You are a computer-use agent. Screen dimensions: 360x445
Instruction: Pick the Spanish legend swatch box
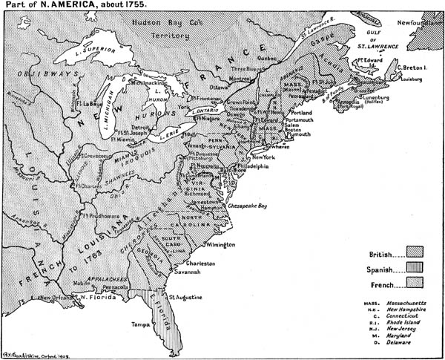click(x=413, y=268)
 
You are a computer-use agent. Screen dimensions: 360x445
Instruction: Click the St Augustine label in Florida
click(x=182, y=297)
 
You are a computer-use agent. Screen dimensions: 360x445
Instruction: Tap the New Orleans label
click(x=58, y=298)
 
